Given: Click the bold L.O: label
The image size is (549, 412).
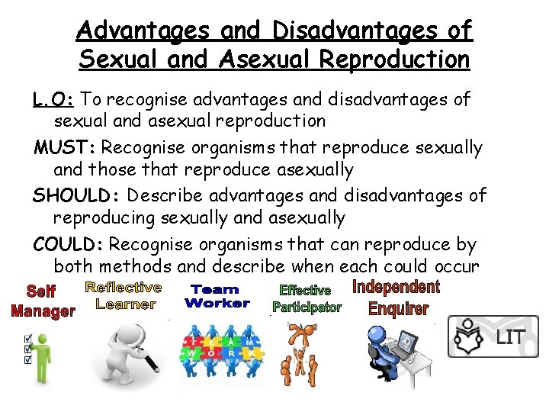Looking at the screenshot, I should pos(54,99).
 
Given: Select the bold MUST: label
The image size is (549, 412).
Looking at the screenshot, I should pos(64,147).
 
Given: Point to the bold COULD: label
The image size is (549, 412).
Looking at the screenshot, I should pos(69,245).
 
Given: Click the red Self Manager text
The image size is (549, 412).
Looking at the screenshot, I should pos(43,301).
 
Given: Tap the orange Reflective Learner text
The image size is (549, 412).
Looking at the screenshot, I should pos(123,295).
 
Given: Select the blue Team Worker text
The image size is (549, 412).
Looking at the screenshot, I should pos(217,296).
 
